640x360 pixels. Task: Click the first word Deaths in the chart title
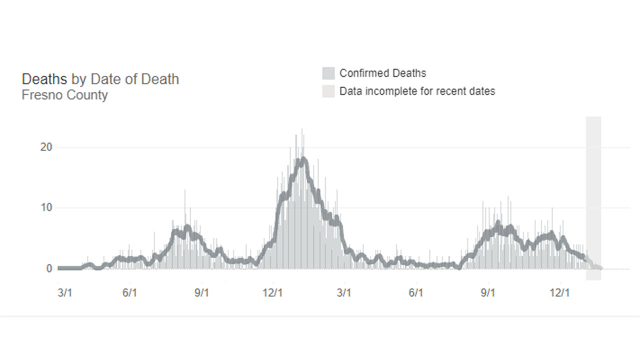44,79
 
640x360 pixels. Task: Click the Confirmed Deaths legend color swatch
328,73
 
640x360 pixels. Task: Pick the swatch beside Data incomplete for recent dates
328,91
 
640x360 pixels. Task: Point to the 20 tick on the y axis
46,147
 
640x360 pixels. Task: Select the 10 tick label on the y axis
46,208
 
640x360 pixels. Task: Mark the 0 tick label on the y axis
49,268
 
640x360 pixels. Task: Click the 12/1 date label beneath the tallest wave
272,292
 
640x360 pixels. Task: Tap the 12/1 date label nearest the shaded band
559,292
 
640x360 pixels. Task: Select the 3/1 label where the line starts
65,292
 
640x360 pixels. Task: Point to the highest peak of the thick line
302,160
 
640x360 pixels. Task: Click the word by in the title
78,79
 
